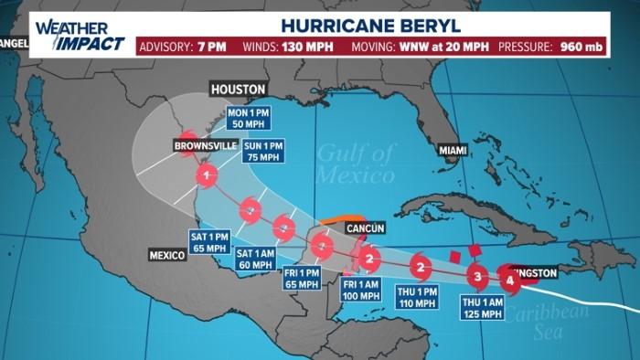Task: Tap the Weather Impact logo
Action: pos(80,36)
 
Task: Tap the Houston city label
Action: pos(238,90)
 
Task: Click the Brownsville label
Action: pos(206,145)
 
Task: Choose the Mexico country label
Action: pos(168,255)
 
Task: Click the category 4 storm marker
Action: pos(511,281)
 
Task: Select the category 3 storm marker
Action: pos(477,275)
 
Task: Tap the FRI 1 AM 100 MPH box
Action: pos(361,290)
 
